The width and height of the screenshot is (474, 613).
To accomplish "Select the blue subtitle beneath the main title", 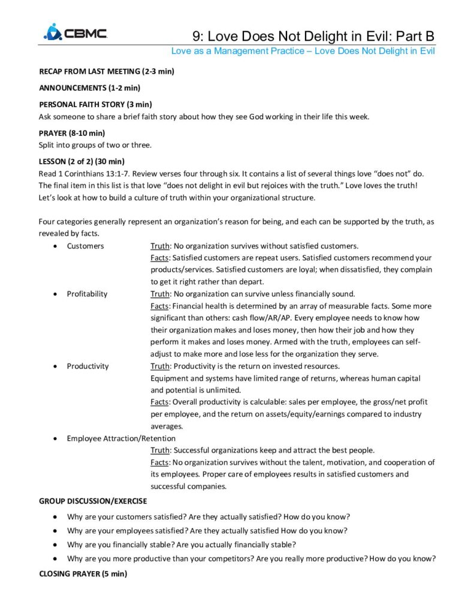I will [x=303, y=51].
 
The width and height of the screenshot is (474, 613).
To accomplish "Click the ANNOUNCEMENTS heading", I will [x=89, y=88].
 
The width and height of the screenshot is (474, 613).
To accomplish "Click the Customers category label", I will [x=85, y=246].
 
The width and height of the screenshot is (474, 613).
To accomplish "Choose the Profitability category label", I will [x=87, y=294].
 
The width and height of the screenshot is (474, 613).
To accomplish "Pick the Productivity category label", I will [x=88, y=366].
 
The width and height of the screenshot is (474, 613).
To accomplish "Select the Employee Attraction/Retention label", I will [x=121, y=438].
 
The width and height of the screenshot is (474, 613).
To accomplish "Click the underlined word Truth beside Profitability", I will [x=160, y=294].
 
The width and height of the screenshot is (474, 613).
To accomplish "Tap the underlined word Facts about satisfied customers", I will [x=160, y=258].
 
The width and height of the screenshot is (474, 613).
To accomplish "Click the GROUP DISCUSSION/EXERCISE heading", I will [x=93, y=500].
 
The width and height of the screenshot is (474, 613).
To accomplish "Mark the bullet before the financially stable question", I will [x=56, y=545].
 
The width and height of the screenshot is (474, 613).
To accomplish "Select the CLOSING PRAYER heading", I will [x=83, y=573].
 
